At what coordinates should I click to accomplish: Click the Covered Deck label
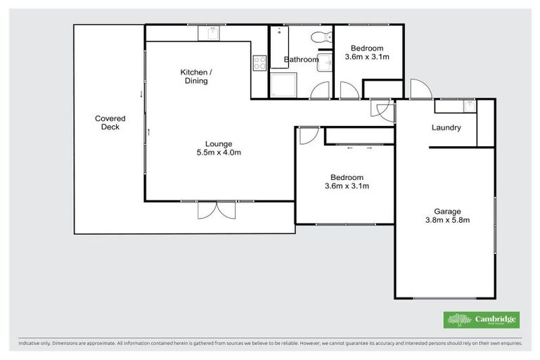(x=110, y=123)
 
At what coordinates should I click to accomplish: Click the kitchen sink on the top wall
(x=212, y=33)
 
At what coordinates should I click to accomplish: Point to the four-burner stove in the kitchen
(x=259, y=63)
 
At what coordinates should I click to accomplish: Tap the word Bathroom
(x=301, y=60)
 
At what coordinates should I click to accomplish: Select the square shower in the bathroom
(x=284, y=85)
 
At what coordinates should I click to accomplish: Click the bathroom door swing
(x=320, y=90)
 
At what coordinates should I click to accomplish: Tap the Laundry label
(x=446, y=128)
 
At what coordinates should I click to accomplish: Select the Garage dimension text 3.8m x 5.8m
(x=446, y=220)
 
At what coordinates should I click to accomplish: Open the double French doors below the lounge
(x=216, y=210)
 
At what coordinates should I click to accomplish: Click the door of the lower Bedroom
(x=307, y=136)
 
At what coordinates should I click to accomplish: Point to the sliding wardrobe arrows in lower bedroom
(x=359, y=148)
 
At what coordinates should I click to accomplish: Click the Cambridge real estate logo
(x=482, y=320)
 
